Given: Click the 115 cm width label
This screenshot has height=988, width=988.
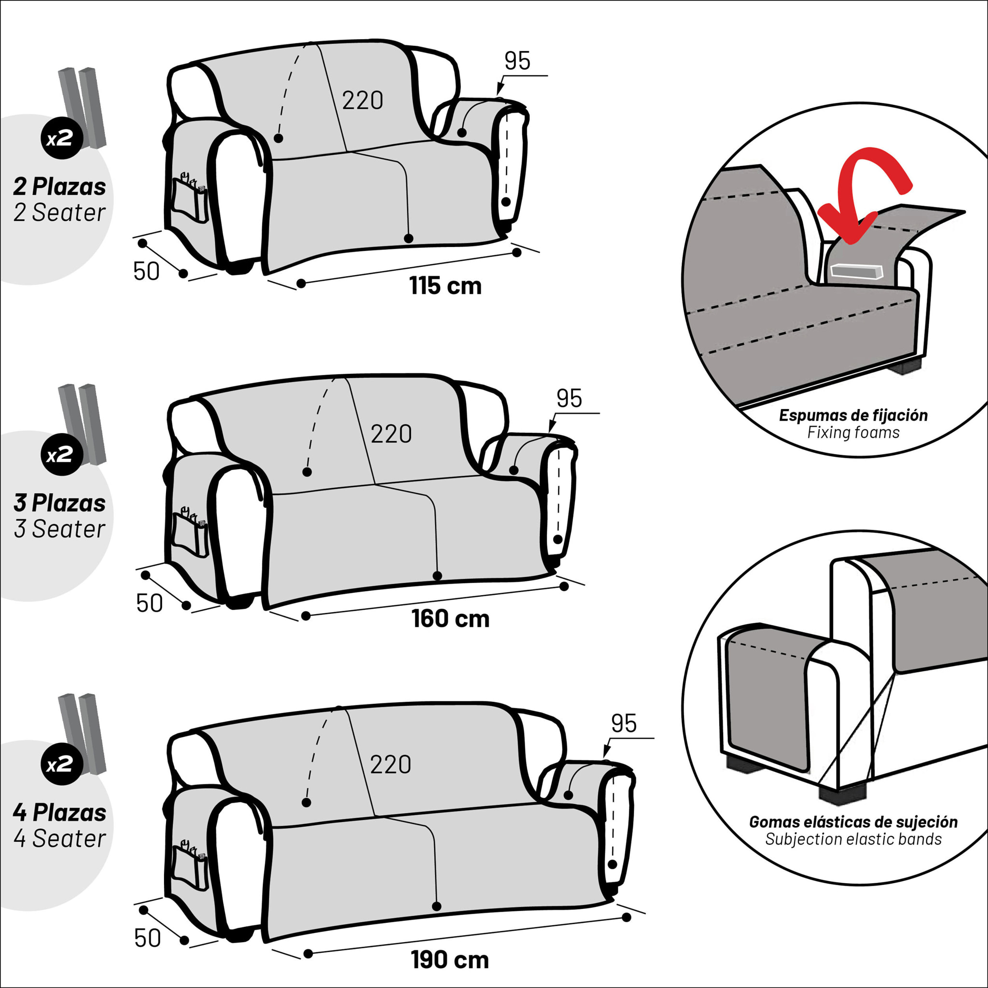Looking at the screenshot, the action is point(445,286).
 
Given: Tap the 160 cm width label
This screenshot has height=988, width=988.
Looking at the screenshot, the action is point(451,619).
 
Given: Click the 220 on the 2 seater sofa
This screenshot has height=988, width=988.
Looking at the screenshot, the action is point(363,100).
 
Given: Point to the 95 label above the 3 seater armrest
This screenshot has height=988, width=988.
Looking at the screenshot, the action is point(569,398).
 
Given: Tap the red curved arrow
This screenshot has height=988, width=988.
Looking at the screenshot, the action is point(864,192).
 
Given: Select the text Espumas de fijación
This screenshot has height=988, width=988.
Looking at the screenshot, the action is point(853,415).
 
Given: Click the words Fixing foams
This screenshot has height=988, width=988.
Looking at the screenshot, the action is point(853,433).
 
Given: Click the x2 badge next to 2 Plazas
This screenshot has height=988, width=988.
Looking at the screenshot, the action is point(62,137).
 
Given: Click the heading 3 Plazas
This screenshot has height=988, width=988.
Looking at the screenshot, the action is point(60,503).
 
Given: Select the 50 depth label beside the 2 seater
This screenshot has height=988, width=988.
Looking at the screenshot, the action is point(147,272).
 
